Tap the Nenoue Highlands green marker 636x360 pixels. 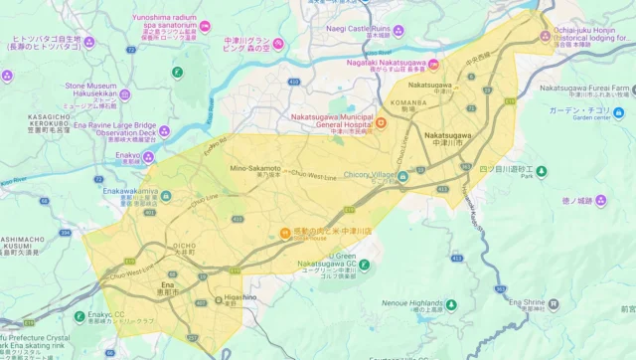pos(451,304)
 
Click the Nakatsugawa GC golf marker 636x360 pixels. pos(364,265)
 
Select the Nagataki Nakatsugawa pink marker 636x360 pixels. pos(433,66)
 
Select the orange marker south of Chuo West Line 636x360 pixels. pos(285,232)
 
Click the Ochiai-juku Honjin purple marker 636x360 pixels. pos(545,38)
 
